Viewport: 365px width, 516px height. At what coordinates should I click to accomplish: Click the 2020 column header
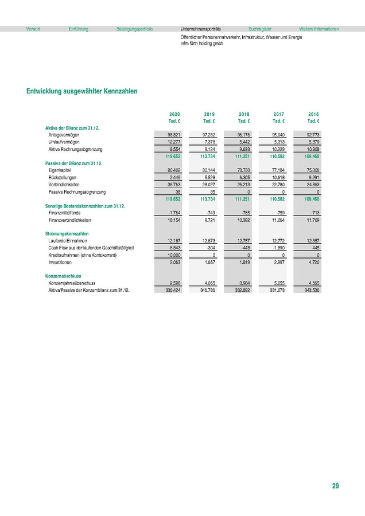[x=174, y=114]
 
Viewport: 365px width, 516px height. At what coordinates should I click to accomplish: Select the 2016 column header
[x=313, y=114]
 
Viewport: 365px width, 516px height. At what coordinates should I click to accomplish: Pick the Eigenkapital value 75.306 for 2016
[x=312, y=170]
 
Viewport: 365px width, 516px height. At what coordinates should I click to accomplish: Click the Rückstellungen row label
[x=63, y=178]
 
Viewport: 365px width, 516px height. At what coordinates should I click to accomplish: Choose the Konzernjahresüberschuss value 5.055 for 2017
[x=278, y=283]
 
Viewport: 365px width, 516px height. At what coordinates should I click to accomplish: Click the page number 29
[x=336, y=486]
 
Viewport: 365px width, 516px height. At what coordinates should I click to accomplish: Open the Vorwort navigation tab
[x=33, y=29]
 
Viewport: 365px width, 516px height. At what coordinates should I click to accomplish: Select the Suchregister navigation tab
[x=260, y=29]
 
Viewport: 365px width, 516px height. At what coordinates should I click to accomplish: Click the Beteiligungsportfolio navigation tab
[x=134, y=29]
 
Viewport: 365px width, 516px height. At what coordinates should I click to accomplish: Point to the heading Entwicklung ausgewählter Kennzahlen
[x=81, y=91]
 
